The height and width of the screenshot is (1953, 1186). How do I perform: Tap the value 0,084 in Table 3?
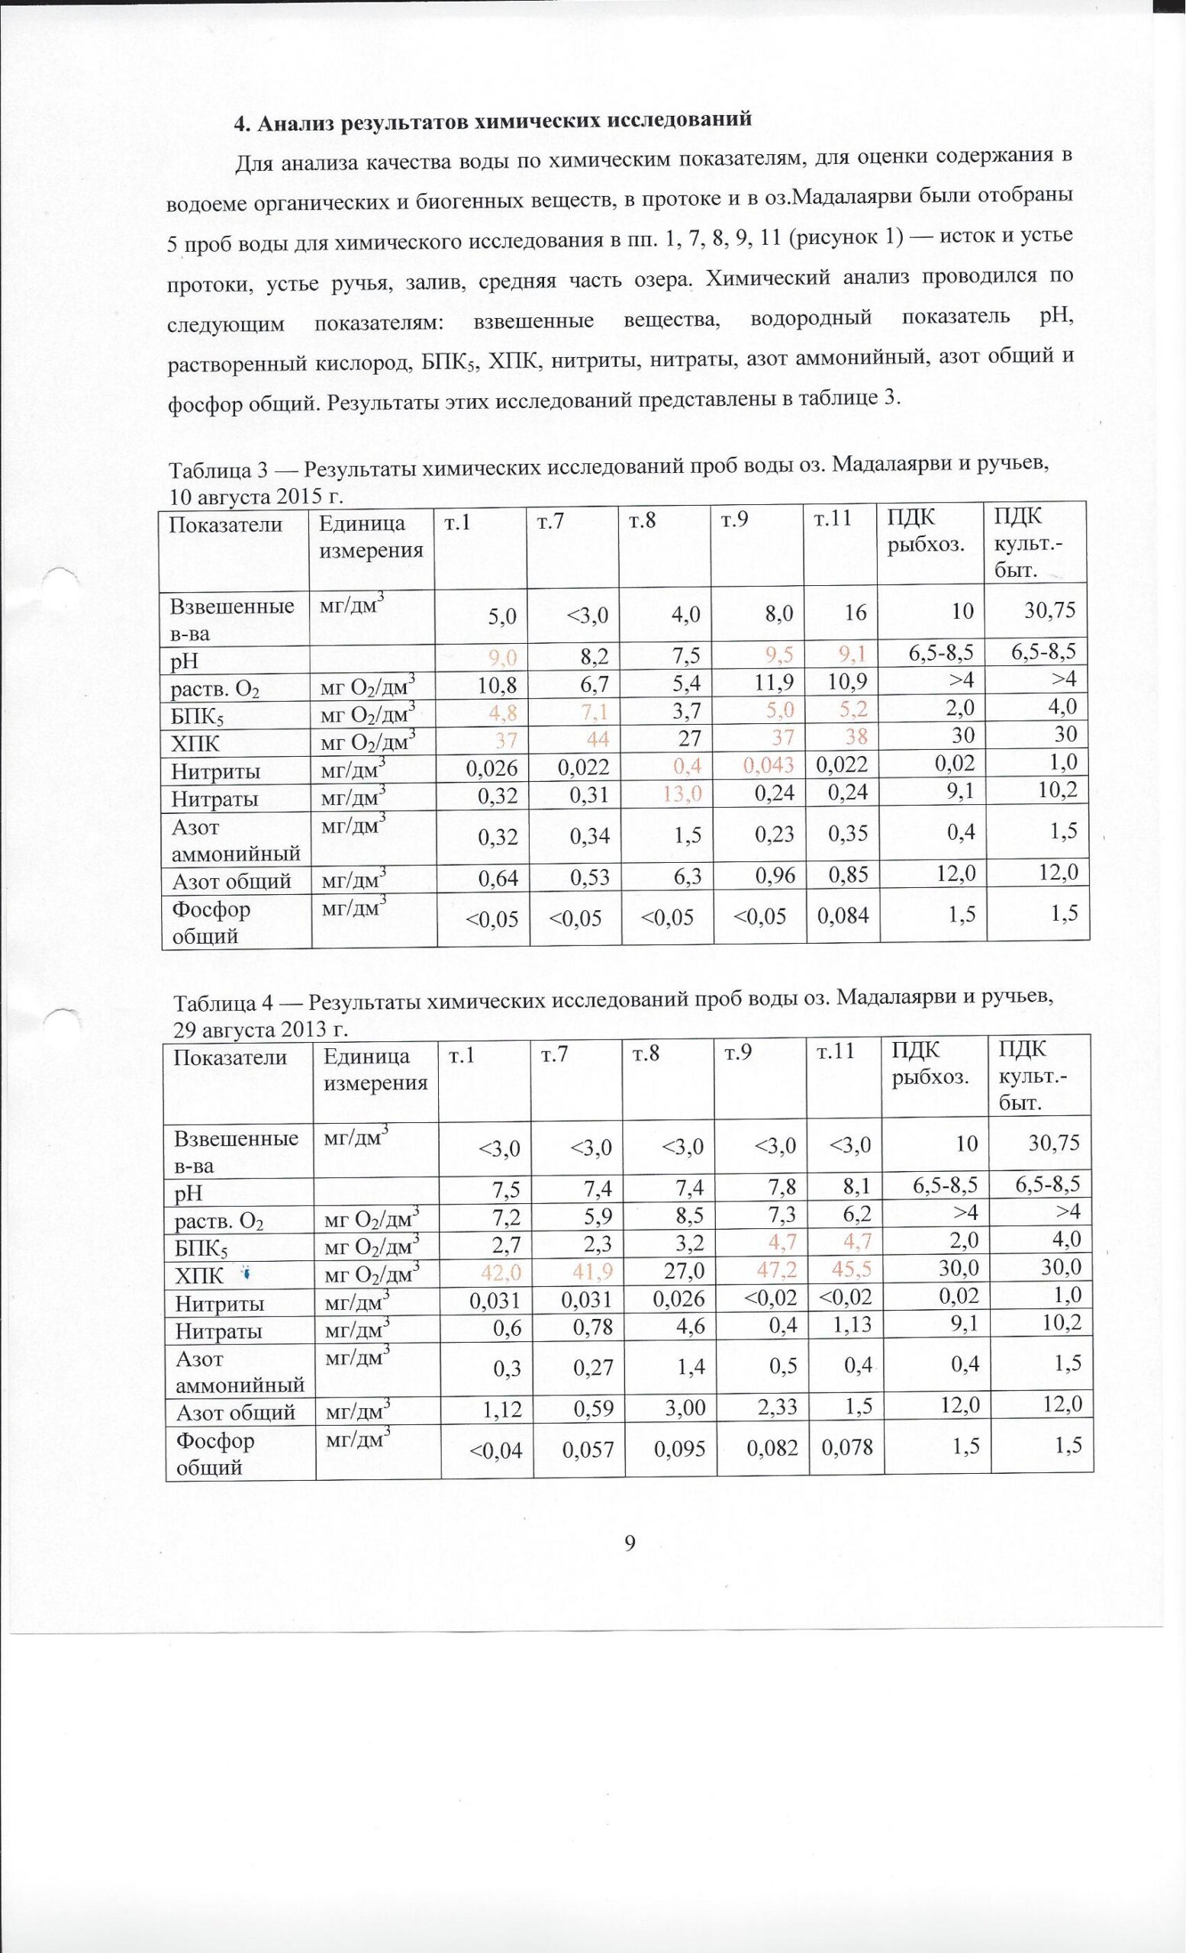(x=842, y=916)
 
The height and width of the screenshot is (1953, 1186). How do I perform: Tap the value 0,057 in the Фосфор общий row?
(x=588, y=1448)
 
